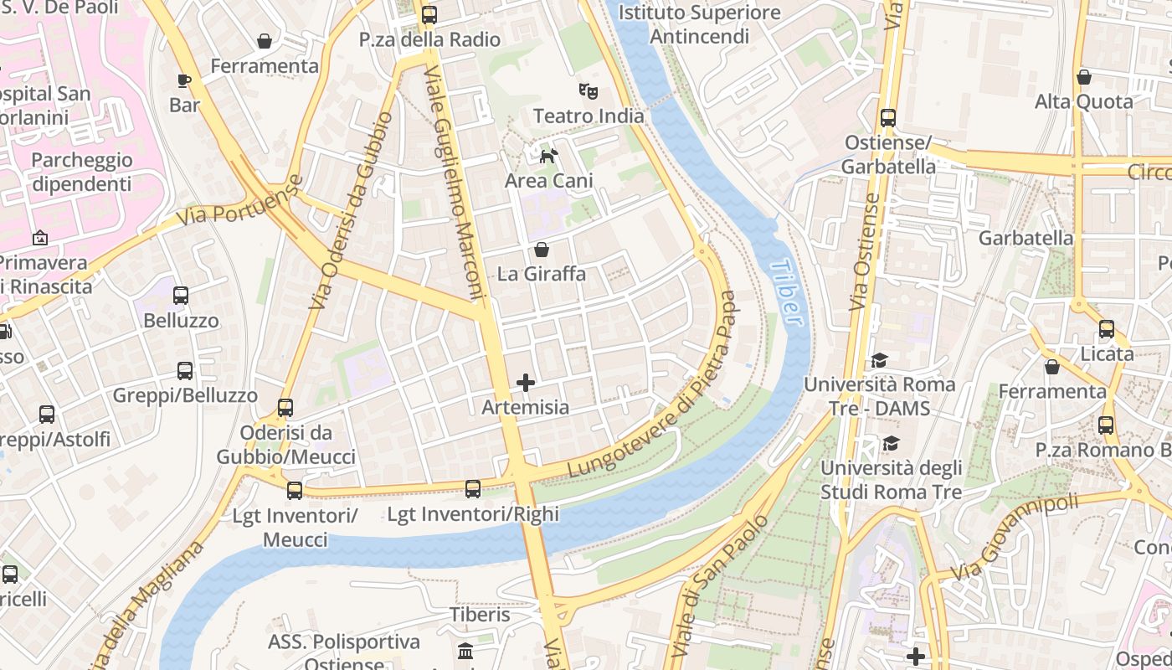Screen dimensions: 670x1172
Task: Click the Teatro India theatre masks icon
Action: click(x=589, y=90)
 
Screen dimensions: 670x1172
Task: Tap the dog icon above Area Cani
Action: click(x=548, y=156)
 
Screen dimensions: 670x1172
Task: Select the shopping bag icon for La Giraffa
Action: click(x=542, y=250)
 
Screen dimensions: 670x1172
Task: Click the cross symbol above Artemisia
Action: click(x=526, y=383)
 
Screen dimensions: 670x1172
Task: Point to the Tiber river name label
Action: click(x=784, y=292)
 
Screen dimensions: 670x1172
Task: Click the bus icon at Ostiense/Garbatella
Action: click(x=888, y=118)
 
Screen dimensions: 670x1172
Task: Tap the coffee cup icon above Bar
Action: click(x=184, y=80)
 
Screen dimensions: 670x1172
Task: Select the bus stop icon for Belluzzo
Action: click(x=181, y=296)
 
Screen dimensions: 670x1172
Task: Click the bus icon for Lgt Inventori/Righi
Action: click(x=473, y=489)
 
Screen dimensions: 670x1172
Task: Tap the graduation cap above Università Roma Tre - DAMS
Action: click(x=879, y=360)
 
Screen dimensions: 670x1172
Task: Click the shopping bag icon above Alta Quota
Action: click(x=1084, y=77)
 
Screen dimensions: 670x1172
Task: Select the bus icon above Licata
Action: click(x=1107, y=329)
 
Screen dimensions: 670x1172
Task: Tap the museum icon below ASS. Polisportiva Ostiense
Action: click(x=465, y=651)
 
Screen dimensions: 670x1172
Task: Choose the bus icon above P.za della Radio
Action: click(x=429, y=14)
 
